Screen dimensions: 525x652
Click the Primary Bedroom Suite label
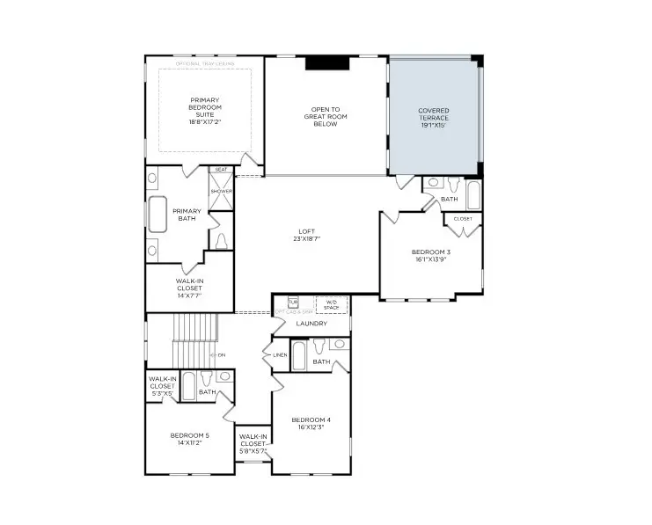204,111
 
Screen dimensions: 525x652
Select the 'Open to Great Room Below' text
326,116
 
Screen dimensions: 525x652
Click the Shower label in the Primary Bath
221,191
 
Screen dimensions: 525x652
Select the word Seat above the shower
221,170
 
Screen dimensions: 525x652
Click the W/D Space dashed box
332,304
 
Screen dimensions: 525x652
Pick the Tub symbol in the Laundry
293,303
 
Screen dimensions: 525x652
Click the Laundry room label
311,324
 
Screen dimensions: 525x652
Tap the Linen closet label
280,354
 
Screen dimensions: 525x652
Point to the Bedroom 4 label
311,423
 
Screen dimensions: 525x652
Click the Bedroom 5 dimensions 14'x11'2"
189,443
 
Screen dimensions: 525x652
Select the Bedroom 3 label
430,256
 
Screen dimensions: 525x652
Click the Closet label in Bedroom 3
463,218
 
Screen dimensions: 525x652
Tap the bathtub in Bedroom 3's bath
473,194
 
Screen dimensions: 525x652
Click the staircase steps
188,330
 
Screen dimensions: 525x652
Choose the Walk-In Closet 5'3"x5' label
162,385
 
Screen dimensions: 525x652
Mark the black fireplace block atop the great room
326,62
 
